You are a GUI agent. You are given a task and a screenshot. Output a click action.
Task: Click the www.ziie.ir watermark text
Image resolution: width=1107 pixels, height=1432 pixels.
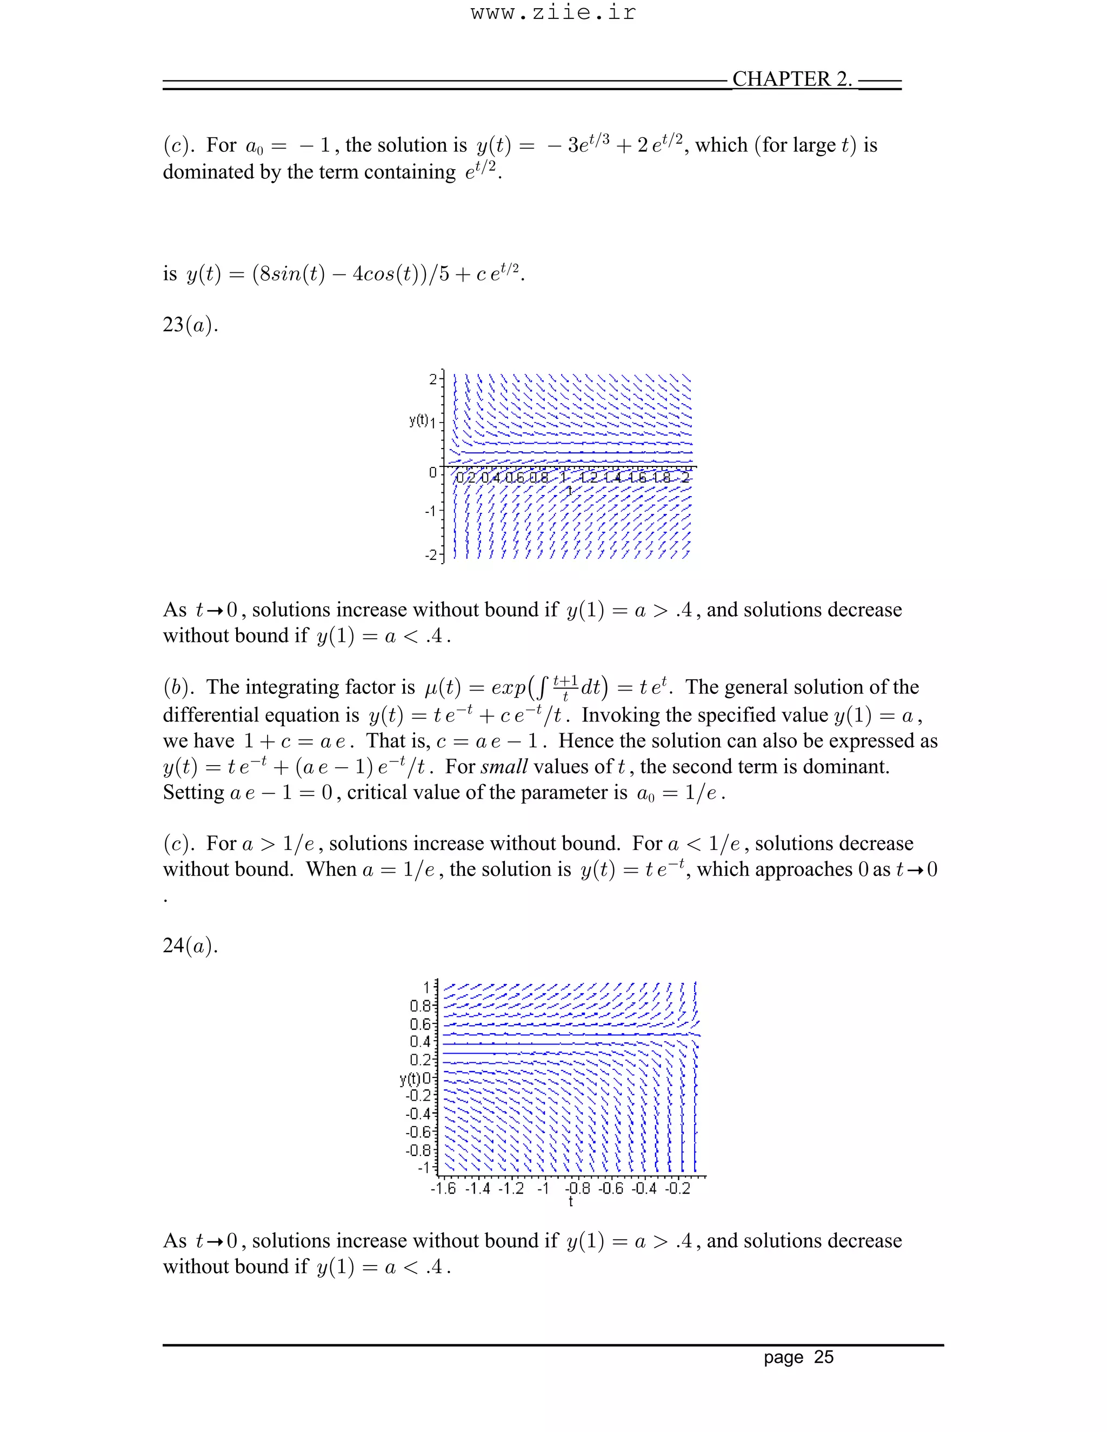point(553,13)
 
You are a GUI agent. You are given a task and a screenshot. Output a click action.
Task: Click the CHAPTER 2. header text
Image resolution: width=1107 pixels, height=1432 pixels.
point(791,79)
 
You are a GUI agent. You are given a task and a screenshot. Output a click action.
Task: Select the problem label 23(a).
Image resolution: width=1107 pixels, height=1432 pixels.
point(190,325)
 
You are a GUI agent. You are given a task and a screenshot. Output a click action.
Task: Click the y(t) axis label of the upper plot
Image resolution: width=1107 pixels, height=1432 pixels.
point(418,420)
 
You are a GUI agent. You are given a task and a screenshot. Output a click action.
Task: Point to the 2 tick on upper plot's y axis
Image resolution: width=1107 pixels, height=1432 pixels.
point(433,379)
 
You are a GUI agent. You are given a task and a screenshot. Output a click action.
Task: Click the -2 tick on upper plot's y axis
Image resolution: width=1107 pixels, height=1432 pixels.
point(430,555)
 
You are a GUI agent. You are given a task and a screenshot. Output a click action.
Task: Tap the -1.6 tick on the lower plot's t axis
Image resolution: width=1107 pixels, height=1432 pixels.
point(443,1189)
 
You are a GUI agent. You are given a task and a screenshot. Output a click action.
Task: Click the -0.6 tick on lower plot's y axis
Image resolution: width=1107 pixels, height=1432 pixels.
point(418,1132)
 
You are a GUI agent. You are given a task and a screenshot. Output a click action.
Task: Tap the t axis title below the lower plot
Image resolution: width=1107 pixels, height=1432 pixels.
point(571,1201)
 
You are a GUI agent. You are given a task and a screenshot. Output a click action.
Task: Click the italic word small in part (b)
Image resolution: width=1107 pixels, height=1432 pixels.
point(504,766)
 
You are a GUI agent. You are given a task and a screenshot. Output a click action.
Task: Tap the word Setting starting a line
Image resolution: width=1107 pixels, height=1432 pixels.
point(194,793)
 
